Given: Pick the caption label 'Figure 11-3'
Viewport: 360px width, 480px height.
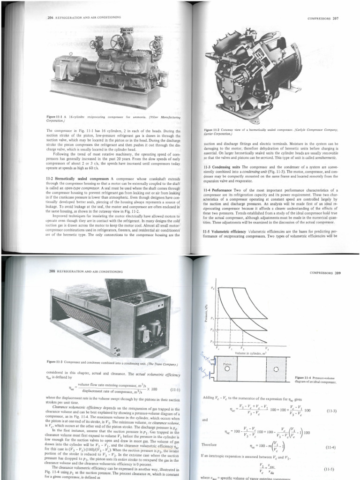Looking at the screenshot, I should [x=58, y=362].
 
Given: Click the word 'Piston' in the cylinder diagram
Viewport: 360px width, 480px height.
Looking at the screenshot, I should [x=228, y=362].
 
